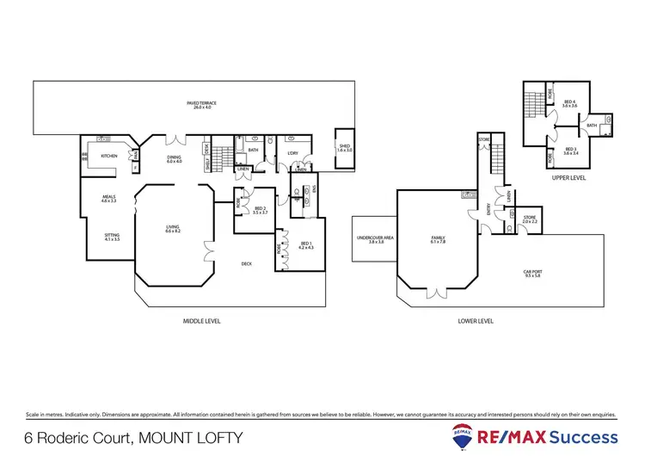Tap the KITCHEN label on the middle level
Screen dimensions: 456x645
point(109,156)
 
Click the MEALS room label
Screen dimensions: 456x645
point(108,199)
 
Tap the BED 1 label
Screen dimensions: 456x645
point(305,245)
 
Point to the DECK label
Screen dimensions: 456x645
point(247,264)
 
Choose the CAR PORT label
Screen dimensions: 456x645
point(533,273)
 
